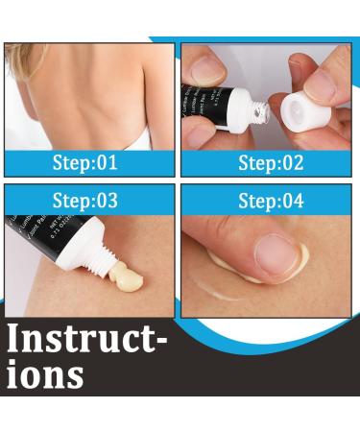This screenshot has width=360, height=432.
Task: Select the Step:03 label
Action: pyautogui.click(x=86, y=201)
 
